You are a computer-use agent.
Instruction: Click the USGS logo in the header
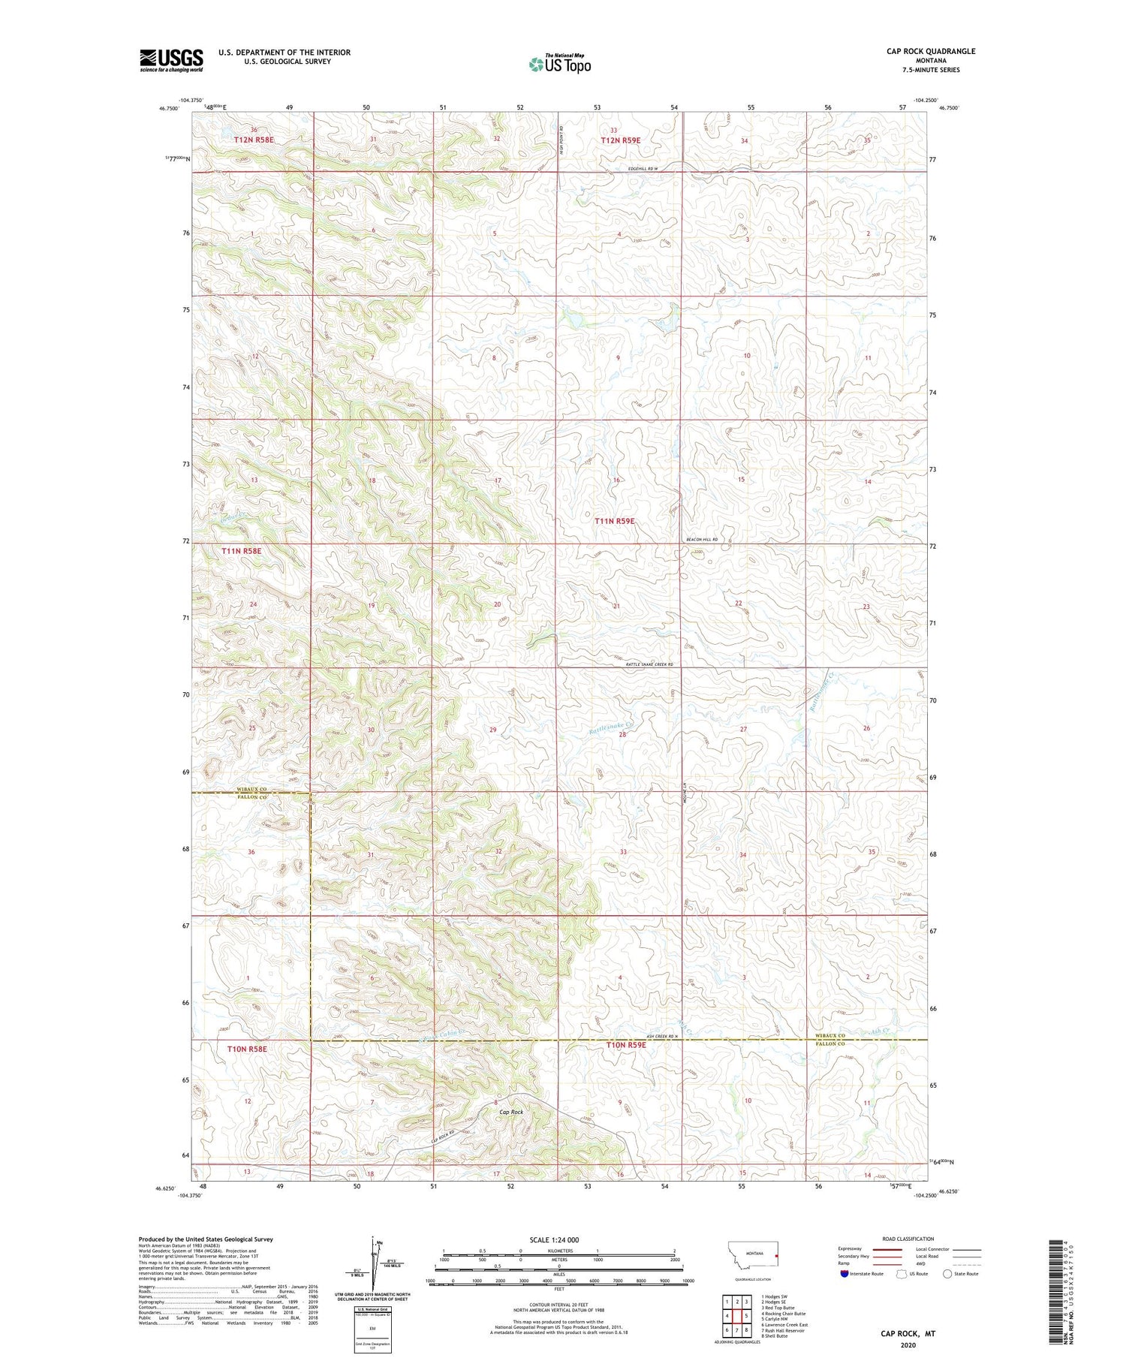[x=171, y=60]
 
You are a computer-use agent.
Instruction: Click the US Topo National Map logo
[x=559, y=64]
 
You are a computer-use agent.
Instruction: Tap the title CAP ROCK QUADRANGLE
[x=931, y=51]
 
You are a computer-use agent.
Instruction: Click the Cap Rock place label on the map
[x=510, y=1112]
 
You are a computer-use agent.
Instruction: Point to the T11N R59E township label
[x=615, y=520]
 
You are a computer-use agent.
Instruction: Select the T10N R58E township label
[x=241, y=1049]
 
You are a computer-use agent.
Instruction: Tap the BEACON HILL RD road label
[x=703, y=540]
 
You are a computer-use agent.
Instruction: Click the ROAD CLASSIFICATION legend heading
[x=908, y=1239]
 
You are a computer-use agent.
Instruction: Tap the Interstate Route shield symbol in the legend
[x=844, y=1274]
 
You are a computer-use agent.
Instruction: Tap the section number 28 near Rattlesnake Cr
[x=622, y=735]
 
